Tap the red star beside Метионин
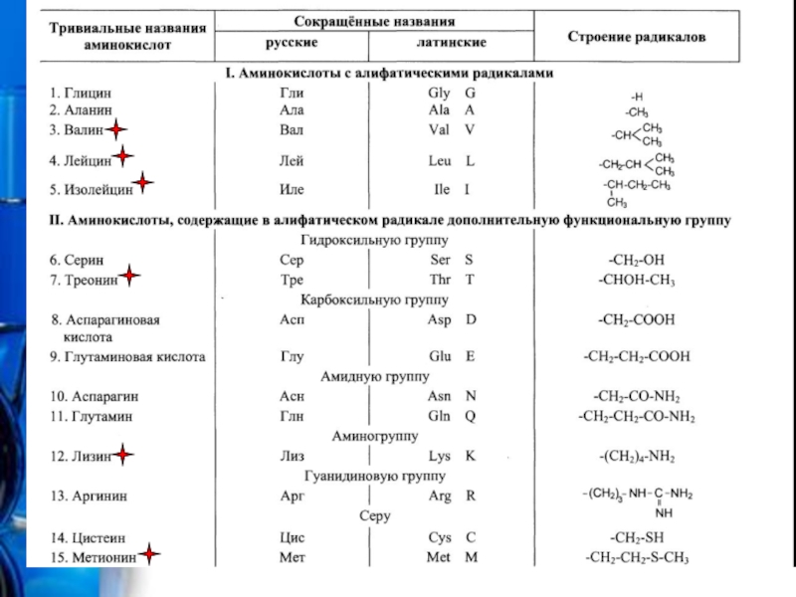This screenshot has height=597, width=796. pyautogui.click(x=148, y=556)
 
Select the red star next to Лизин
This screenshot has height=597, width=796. pyautogui.click(x=121, y=456)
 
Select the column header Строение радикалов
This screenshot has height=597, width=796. pyautogui.click(x=637, y=37)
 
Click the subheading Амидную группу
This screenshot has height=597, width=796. pyautogui.click(x=374, y=377)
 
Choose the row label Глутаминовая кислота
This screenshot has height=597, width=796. pyautogui.click(x=128, y=356)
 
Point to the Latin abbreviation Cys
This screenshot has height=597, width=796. pyautogui.click(x=439, y=537)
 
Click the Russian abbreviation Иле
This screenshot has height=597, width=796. pyautogui.click(x=291, y=189)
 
